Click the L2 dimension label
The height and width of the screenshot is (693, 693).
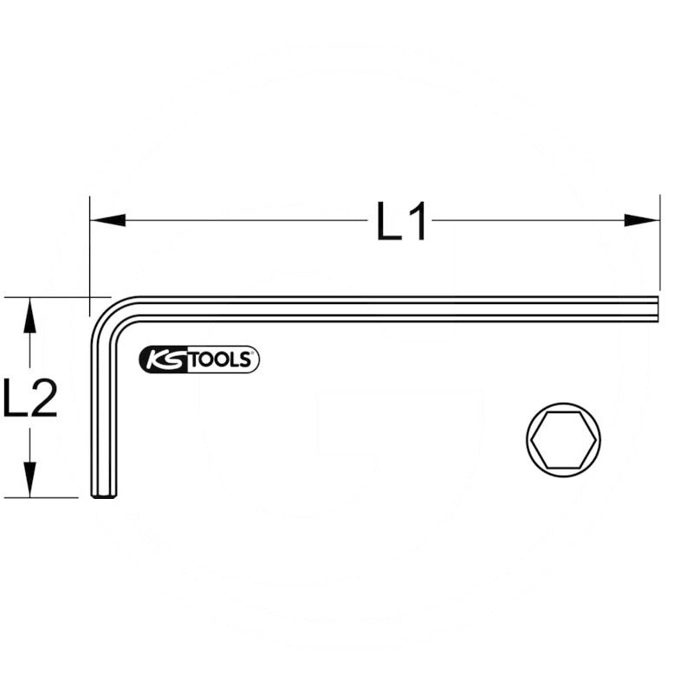(x=30, y=398)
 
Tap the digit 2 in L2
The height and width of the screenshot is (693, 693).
(x=43, y=398)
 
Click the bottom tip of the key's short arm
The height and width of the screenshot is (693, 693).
(x=103, y=495)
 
